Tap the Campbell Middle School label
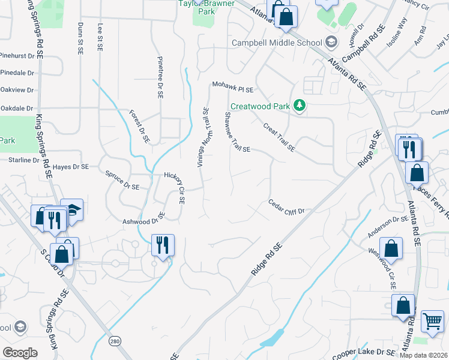pyautogui.click(x=277, y=43)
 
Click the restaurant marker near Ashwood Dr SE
pyautogui.click(x=163, y=245)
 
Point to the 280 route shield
pyautogui.click(x=115, y=341)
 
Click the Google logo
pyautogui.click(x=20, y=352)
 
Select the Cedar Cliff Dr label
pyautogui.click(x=287, y=207)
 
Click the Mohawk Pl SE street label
pyautogui.click(x=232, y=88)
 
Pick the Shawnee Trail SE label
pyautogui.click(x=237, y=132)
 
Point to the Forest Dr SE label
pyautogui.click(x=139, y=126)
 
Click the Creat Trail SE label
pyautogui.click(x=279, y=136)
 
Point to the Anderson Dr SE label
pyautogui.click(x=388, y=227)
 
